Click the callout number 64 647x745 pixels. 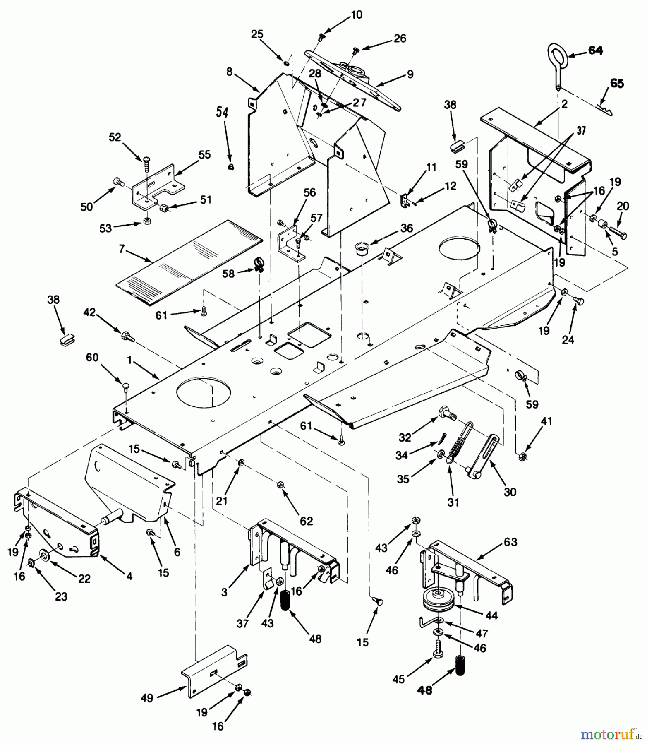coord(595,50)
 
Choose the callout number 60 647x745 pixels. coord(92,357)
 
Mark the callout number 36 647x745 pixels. coord(406,228)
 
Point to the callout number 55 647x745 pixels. coord(204,154)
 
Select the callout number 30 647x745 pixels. coord(510,492)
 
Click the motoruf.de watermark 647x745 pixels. coord(611,734)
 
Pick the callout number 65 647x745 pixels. coord(616,83)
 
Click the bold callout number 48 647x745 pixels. coord(425,690)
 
